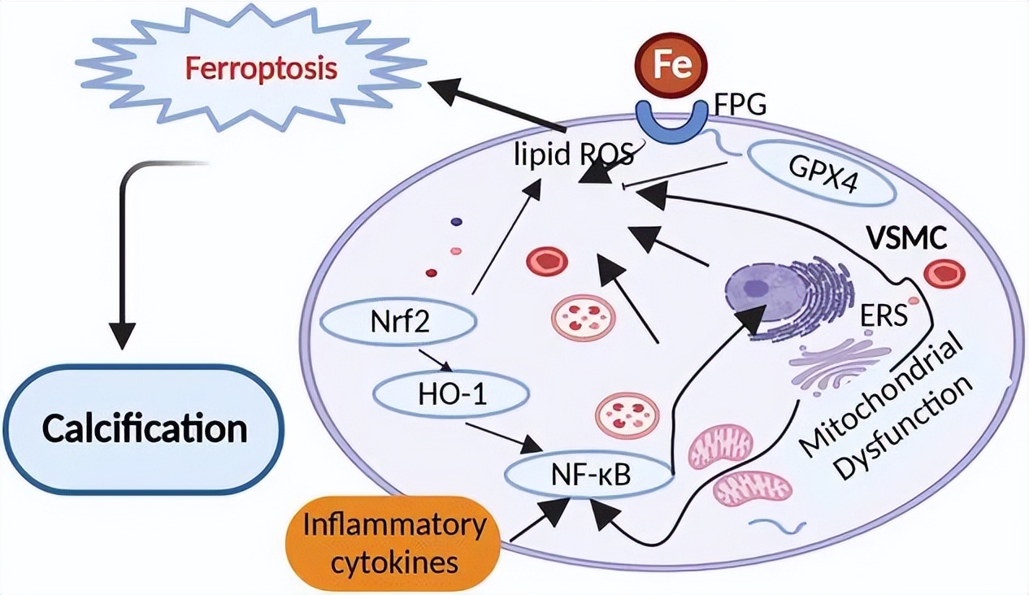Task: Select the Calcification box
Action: [x=145, y=428]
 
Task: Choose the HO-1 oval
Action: [x=451, y=396]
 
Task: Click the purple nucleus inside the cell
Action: [x=758, y=289]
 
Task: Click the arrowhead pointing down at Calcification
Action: [x=122, y=334]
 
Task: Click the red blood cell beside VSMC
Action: [x=944, y=274]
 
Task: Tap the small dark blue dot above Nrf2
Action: [x=456, y=221]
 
